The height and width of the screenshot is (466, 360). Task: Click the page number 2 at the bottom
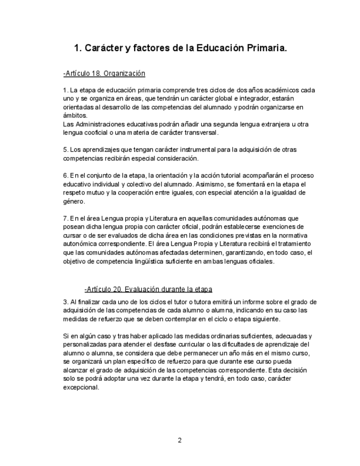click(180, 440)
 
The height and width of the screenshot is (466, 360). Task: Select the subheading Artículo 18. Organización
click(104, 73)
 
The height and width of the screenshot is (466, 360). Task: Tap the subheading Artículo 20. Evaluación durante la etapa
click(148, 289)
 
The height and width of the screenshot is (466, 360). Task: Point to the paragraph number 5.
click(65, 149)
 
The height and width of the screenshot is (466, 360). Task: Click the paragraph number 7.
click(65, 218)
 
